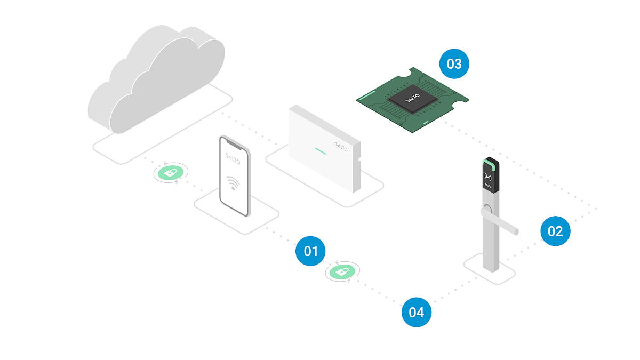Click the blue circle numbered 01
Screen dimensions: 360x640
tap(310, 250)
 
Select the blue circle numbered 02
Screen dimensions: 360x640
tap(555, 231)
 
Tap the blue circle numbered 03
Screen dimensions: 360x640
tap(454, 64)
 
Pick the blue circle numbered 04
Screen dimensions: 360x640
tap(416, 311)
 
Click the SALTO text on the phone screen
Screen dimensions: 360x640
tap(233, 159)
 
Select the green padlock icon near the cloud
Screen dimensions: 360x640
tap(169, 173)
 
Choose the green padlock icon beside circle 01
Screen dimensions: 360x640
tap(342, 273)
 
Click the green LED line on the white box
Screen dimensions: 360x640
tap(320, 150)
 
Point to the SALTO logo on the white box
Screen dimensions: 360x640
tap(341, 146)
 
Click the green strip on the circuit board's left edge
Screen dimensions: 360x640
tap(367, 97)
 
